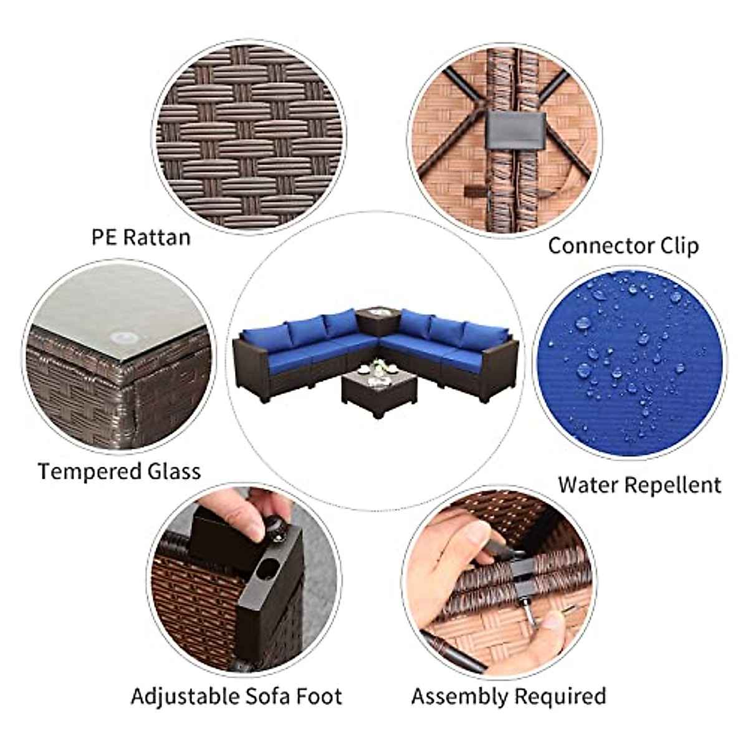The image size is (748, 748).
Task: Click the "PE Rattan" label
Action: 141,237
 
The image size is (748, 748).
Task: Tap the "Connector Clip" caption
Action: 623,245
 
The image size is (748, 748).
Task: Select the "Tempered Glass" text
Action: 120,471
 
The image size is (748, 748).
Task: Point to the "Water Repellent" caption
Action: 640,484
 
